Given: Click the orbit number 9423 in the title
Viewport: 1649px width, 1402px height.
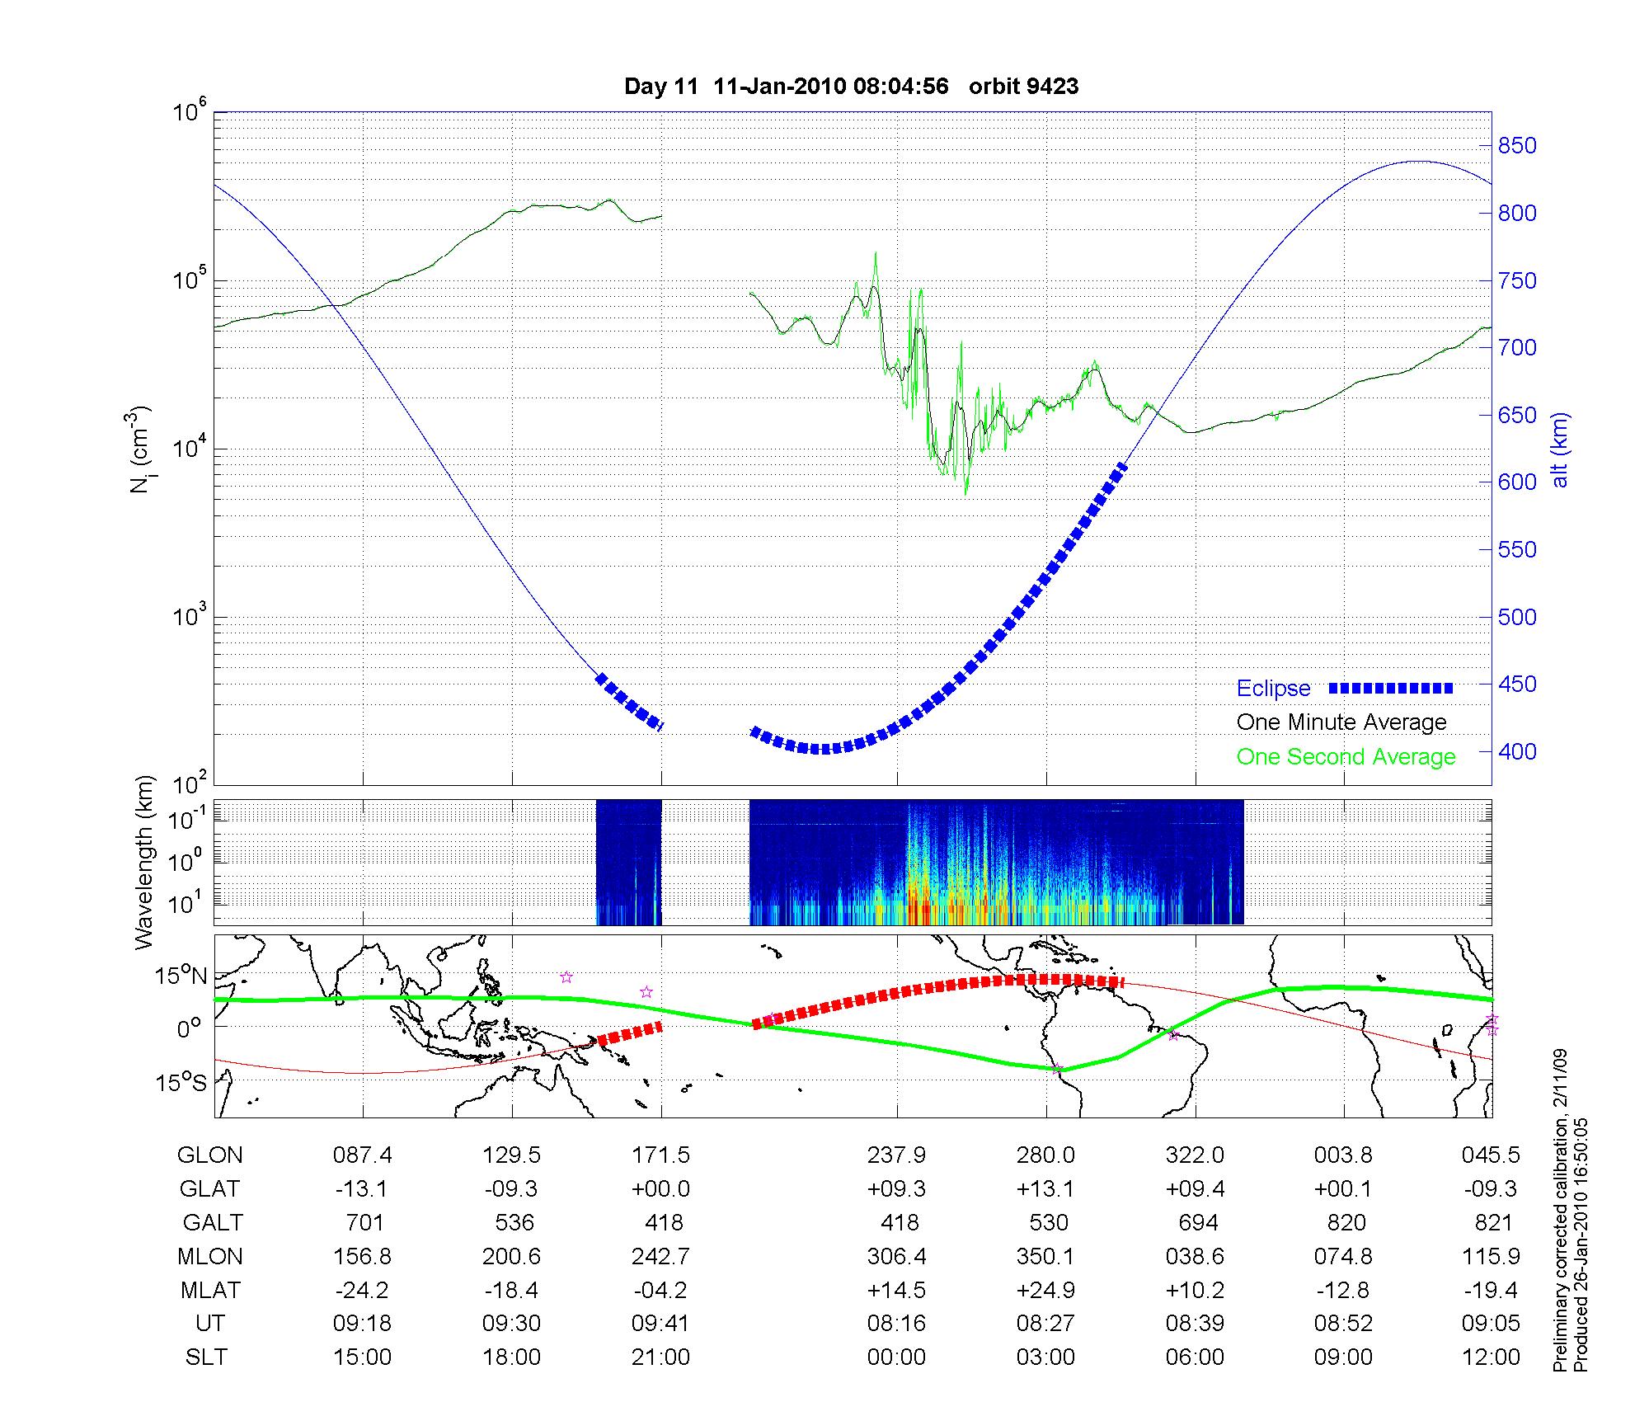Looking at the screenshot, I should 1053,87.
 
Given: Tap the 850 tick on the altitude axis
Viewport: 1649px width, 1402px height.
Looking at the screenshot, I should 1517,146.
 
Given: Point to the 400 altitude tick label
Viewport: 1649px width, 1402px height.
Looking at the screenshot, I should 1517,752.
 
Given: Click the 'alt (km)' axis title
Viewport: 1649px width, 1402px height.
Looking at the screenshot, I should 1560,449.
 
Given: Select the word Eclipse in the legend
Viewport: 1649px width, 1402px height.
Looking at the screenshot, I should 1273,689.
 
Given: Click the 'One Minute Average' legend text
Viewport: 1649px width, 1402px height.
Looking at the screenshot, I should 1341,722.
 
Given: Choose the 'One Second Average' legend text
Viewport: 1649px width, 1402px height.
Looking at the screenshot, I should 1346,757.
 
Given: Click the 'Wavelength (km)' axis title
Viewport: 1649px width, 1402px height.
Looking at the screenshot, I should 145,862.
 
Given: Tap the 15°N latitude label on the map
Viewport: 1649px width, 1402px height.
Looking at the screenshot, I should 182,976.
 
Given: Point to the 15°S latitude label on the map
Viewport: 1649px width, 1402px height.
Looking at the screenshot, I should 182,1082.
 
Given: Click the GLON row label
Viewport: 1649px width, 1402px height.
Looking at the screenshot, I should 209,1155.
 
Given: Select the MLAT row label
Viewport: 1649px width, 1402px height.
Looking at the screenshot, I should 209,1290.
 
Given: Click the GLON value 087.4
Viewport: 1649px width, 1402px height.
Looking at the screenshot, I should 363,1155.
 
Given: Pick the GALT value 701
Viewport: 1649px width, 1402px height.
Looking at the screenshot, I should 363,1222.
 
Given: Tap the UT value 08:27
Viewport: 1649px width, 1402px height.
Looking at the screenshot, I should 1045,1324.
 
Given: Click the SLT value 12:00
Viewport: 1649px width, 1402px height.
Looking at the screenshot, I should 1491,1357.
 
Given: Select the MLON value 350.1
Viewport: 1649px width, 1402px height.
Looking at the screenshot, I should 1045,1256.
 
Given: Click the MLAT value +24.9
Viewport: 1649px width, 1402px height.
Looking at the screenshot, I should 1045,1290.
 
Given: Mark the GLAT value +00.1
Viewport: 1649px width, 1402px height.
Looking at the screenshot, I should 1343,1189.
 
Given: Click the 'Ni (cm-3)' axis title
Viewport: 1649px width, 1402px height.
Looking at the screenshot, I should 140,449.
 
